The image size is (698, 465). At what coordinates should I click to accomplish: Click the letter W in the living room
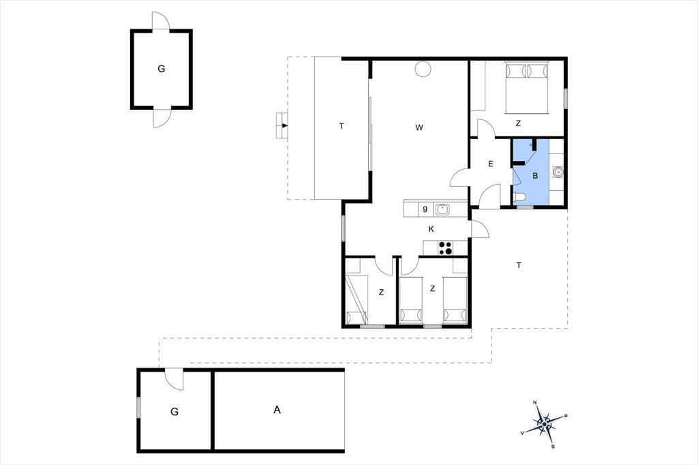(x=419, y=127)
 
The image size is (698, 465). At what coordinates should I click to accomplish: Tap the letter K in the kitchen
(x=431, y=229)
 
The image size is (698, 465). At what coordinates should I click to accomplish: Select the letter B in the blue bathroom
(x=535, y=176)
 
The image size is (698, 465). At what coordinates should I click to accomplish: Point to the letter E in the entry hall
(x=491, y=164)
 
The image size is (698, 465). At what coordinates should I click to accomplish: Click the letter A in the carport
(x=277, y=410)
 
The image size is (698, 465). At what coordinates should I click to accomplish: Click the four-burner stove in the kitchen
(x=445, y=248)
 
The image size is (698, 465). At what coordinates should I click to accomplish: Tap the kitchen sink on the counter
(x=442, y=209)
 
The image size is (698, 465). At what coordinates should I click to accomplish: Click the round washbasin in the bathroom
(x=558, y=172)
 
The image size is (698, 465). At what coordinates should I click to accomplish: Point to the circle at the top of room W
(x=423, y=69)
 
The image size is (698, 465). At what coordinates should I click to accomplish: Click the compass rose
(x=544, y=425)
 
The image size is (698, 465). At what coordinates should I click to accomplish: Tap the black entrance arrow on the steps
(x=285, y=125)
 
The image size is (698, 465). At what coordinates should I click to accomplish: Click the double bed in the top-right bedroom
(x=527, y=88)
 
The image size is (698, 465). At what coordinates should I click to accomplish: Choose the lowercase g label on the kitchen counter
(x=425, y=209)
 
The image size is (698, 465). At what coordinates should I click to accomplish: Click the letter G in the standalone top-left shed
(x=161, y=69)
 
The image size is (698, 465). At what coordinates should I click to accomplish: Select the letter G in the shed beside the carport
(x=174, y=412)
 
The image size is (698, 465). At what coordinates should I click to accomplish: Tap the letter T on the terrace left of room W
(x=342, y=127)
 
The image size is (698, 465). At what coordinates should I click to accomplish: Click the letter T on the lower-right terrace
(x=519, y=265)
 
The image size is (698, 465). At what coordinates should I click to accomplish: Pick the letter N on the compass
(x=535, y=403)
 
